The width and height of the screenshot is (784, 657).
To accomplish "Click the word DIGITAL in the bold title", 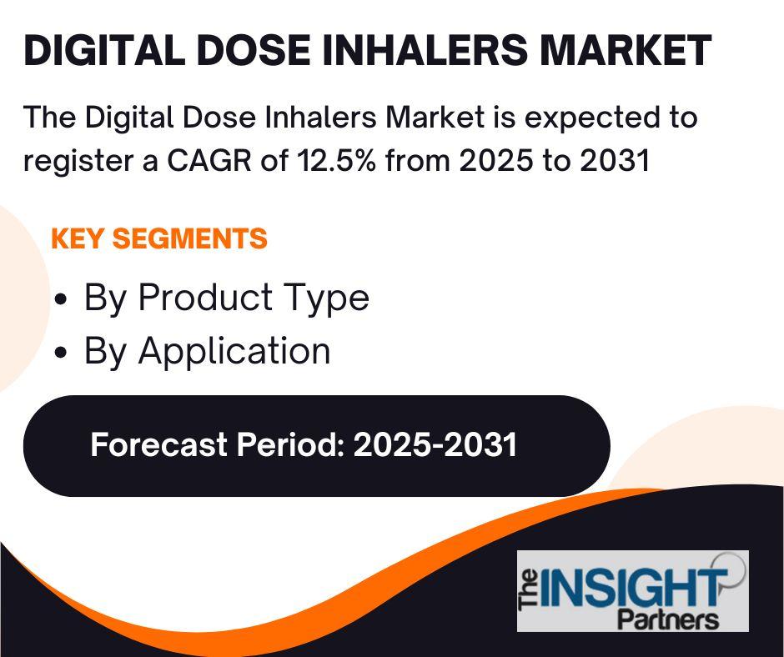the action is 104,50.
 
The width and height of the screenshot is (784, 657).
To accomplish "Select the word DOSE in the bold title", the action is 254,50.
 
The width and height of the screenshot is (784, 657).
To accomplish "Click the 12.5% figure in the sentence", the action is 336,161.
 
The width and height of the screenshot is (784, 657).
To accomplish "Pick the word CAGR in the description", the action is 209,161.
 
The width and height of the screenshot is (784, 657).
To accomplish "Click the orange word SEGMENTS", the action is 190,238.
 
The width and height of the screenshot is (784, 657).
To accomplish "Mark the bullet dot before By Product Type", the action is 61,299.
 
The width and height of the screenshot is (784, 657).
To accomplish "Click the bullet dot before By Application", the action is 61,352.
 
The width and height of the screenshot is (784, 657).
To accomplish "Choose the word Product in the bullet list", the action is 205,297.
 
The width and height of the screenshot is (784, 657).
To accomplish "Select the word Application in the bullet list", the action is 234,352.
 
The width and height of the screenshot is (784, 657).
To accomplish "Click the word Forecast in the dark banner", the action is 159,444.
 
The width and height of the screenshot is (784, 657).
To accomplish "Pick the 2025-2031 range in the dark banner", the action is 435,444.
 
